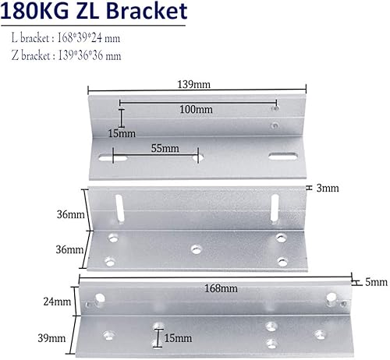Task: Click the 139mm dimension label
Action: click(193, 84)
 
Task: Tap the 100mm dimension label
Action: click(196, 109)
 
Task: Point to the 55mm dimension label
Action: click(165, 148)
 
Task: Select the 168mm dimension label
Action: click(221, 288)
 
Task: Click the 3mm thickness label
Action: click(328, 188)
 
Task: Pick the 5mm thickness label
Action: click(376, 282)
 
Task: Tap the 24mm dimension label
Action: click(57, 302)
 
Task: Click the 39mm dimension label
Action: click(51, 338)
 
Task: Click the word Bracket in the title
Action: click(147, 11)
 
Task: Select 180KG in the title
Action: click(34, 11)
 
